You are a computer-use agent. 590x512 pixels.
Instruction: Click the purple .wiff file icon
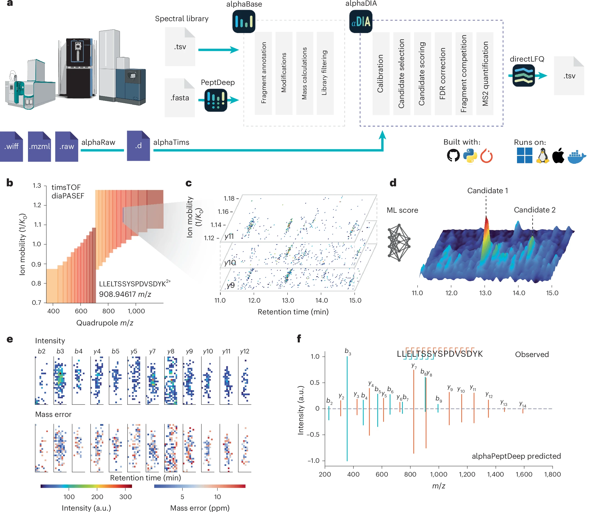pos(12,146)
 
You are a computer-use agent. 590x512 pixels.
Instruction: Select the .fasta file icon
pos(180,98)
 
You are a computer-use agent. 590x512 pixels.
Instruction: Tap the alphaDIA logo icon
pos(361,21)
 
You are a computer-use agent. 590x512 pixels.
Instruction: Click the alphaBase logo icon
pos(244,21)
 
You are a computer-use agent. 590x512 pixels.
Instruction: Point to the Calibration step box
pos(381,73)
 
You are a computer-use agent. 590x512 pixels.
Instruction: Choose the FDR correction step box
pos(443,73)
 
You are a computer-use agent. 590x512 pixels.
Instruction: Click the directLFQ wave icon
pos(524,75)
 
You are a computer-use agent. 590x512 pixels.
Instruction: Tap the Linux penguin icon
pos(542,156)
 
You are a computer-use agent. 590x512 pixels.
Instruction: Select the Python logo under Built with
pos(470,156)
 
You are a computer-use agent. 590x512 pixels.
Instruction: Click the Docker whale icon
pos(577,156)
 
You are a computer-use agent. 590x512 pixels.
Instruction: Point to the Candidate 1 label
pos(487,190)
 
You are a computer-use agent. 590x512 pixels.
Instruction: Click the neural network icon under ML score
pos(399,243)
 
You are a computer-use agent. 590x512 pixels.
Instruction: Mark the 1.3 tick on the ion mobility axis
pos(37,186)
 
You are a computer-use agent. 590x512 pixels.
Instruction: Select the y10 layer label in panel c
pos(230,263)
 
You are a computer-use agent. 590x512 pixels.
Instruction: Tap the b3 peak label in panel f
pos(348,351)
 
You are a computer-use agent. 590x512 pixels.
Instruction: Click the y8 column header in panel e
pos(171,351)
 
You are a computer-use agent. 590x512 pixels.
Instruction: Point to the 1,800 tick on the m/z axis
pos(552,474)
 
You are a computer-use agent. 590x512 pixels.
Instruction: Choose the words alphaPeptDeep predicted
pos(516,456)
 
